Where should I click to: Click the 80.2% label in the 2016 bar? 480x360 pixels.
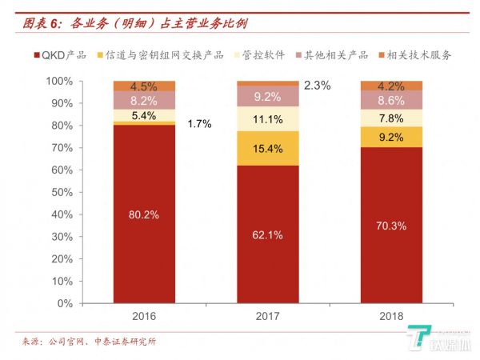point(144,214)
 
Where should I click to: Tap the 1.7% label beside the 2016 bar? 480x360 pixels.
point(199,124)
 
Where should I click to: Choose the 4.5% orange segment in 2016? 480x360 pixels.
point(144,86)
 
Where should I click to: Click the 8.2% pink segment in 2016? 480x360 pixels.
point(144,101)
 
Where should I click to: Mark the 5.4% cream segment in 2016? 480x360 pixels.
point(144,115)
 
